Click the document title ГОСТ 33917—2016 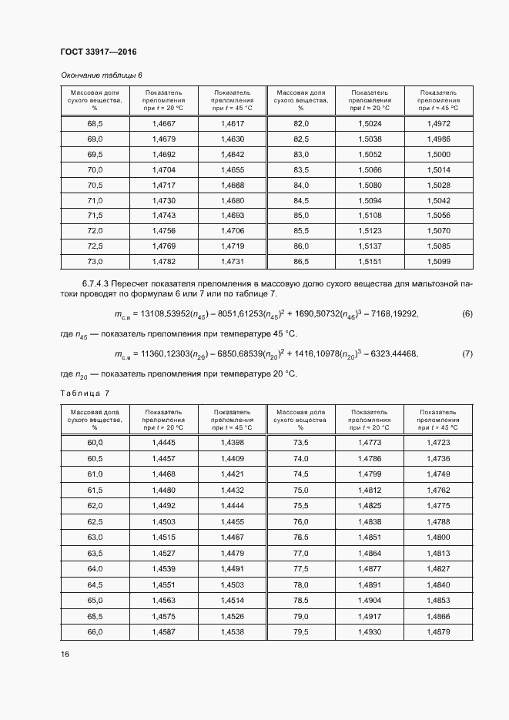98,52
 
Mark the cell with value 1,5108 370,216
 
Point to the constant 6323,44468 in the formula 389,353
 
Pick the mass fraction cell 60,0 95,443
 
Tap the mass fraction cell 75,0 301,490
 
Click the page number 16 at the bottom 65,654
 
